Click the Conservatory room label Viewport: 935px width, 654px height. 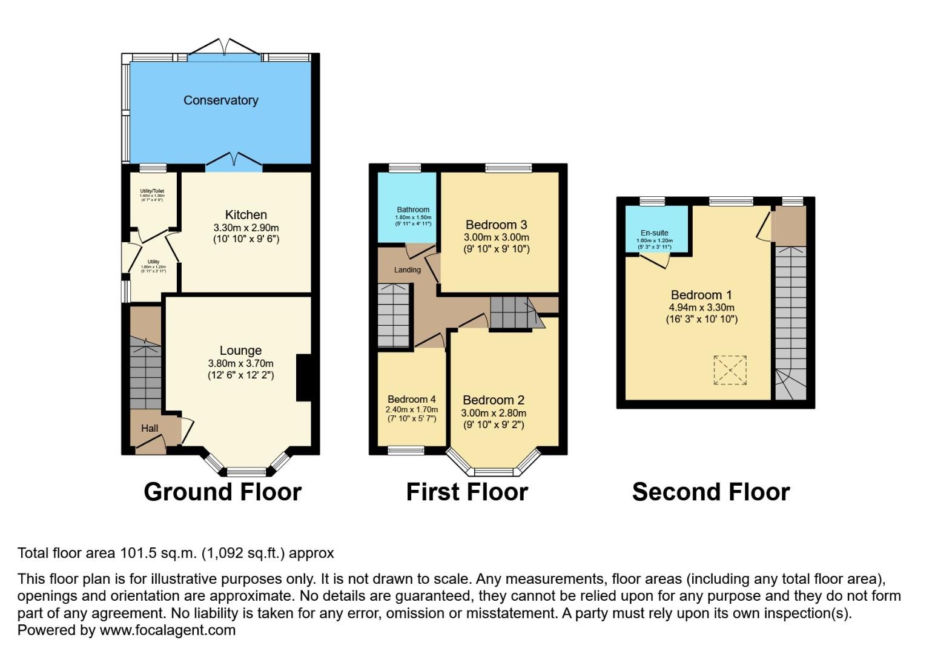[x=220, y=101]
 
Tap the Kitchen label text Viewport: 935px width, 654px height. [x=246, y=215]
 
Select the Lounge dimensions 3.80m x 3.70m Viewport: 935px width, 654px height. [x=240, y=363]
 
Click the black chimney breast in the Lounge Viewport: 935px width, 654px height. [x=303, y=377]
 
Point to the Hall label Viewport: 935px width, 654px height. [x=150, y=429]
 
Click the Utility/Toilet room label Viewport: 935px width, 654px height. [x=152, y=191]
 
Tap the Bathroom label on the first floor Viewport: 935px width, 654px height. [x=413, y=210]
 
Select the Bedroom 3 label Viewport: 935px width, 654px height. [x=496, y=225]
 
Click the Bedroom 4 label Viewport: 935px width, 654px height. [x=411, y=400]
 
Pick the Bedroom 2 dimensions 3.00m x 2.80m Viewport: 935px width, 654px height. [x=494, y=413]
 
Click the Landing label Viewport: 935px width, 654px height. [x=407, y=270]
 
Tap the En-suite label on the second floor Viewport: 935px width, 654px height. [x=654, y=233]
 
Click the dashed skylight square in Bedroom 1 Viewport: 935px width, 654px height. [x=730, y=369]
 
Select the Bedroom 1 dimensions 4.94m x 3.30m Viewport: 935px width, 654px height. [x=701, y=308]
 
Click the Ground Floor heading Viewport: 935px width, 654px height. [x=222, y=492]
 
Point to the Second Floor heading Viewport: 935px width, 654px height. [x=710, y=492]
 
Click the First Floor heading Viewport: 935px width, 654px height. [x=466, y=492]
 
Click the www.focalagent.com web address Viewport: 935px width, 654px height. [x=167, y=630]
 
